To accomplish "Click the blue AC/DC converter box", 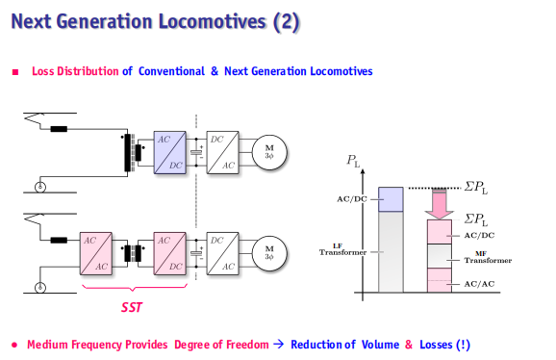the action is coord(169,152).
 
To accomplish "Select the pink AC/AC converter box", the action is coord(96,253).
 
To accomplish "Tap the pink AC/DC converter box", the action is coord(169,253).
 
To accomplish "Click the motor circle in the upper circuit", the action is coord(269,152).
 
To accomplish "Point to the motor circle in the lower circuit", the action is coord(269,253).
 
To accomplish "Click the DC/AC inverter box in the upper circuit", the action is coord(222,152).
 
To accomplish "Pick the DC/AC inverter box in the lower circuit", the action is coord(222,253).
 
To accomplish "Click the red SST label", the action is coord(132,307).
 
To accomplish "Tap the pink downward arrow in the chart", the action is coord(440,204).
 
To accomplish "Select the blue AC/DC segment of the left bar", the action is coord(391,199).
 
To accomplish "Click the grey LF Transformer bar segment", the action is coord(391,252).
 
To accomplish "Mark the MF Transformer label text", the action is coord(488,257).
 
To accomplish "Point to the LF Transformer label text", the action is coord(342,249).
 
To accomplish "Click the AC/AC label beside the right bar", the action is coord(479,284).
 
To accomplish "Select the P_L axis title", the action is coord(353,161).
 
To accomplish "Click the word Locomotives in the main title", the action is coord(212,21).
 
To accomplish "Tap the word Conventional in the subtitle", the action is coord(171,71).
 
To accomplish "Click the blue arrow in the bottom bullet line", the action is coord(279,344).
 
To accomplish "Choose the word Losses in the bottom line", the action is coord(436,345).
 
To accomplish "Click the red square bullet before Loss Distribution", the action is coord(15,72).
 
